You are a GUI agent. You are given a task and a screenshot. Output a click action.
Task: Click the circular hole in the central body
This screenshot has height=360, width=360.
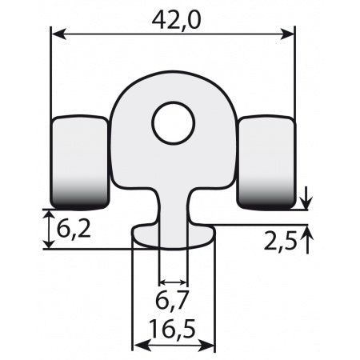pyautogui.click(x=174, y=122)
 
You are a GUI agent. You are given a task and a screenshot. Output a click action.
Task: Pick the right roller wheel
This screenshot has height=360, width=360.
pyautogui.click(x=267, y=162)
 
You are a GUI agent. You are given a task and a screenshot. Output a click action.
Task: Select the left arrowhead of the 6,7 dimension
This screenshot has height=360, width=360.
pyautogui.click(x=163, y=282)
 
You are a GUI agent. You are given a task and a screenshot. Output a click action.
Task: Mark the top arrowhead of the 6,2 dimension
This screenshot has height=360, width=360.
pyautogui.click(x=46, y=214)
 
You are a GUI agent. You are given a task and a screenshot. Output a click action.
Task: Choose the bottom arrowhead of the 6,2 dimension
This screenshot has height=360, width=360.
pyautogui.click(x=46, y=244)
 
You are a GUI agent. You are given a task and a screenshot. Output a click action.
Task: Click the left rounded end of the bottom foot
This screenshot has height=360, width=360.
pyautogui.click(x=140, y=234)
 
